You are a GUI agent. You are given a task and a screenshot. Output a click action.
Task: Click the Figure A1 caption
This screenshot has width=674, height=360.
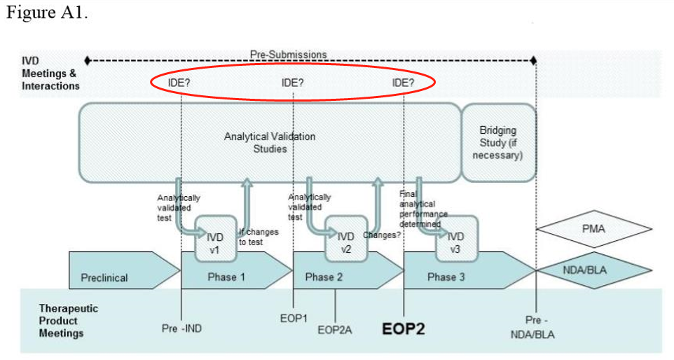(47, 15)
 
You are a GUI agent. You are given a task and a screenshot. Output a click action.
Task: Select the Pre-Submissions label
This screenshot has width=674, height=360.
(288, 55)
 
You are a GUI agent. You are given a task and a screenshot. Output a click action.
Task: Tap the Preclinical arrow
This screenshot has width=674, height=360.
(105, 277)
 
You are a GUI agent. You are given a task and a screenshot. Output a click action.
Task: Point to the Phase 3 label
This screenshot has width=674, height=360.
(446, 277)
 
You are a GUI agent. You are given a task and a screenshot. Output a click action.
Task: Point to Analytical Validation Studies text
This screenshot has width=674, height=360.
(269, 142)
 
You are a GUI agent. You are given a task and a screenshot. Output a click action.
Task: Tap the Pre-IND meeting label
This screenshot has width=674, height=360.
(182, 327)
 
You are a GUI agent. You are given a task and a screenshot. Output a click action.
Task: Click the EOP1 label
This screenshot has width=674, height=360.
(294, 318)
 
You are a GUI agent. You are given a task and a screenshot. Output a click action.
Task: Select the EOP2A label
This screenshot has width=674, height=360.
(334, 328)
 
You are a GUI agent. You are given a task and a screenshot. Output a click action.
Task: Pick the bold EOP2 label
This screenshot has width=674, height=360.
(403, 328)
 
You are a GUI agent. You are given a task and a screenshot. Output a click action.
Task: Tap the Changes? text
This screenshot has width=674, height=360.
(382, 235)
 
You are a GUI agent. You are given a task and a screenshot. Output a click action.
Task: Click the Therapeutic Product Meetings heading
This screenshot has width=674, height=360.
(69, 321)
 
